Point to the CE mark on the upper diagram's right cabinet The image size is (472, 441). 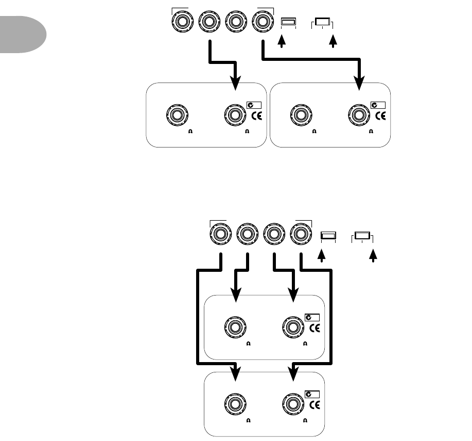point(381,116)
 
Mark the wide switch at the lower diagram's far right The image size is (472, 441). point(362,237)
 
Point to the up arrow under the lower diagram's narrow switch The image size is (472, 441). point(323,255)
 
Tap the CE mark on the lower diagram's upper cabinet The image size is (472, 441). point(316,328)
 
